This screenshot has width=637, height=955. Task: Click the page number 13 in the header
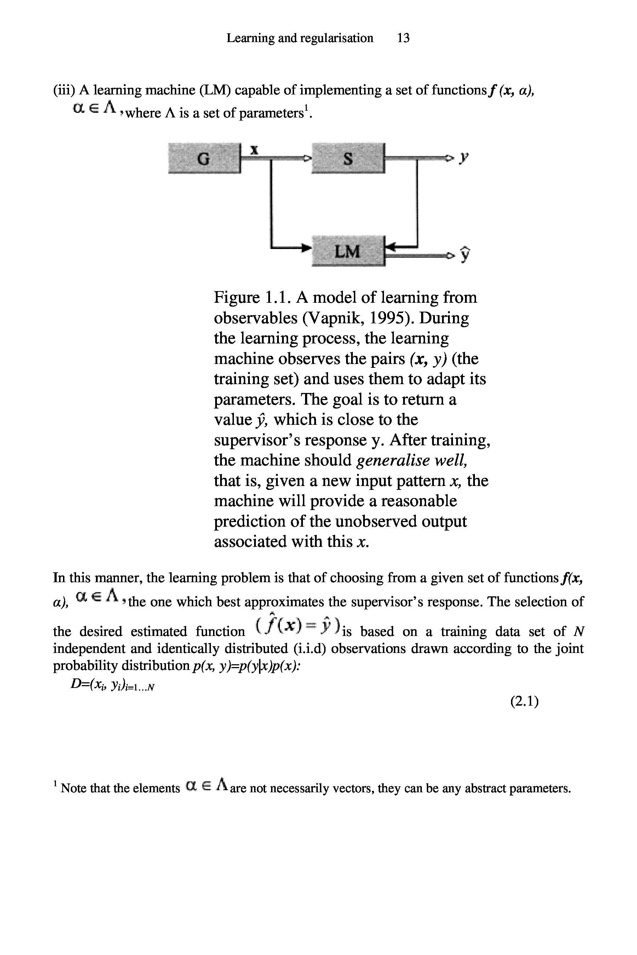pos(403,38)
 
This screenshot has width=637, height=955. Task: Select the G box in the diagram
pos(203,158)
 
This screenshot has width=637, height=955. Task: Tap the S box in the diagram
pos(348,158)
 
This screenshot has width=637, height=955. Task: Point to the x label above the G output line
pos(254,150)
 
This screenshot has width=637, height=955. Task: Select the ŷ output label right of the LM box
pos(466,254)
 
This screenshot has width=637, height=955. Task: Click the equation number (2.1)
pos(524,701)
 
